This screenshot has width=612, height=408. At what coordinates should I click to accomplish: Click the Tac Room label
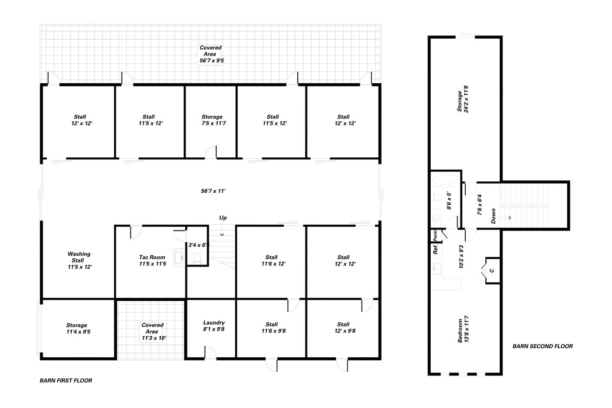(152, 260)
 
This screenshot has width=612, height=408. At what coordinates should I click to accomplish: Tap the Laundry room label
(214, 326)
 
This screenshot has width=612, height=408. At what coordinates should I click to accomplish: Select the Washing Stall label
(79, 260)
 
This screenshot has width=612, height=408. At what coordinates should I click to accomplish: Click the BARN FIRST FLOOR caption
(66, 380)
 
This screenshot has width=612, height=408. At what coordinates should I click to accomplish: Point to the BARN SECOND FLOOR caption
(543, 346)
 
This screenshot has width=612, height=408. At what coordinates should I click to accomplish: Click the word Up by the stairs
(223, 218)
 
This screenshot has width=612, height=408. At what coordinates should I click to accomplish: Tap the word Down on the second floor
(493, 216)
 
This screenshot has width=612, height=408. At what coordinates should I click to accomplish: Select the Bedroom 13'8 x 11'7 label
(463, 329)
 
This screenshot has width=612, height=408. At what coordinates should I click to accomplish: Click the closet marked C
(492, 271)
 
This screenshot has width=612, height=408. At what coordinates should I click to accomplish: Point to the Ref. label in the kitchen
(436, 249)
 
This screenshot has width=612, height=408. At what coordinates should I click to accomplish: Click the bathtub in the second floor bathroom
(445, 179)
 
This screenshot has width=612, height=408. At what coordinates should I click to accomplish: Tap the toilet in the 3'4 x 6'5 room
(197, 258)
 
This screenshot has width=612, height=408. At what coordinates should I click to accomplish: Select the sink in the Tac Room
(179, 257)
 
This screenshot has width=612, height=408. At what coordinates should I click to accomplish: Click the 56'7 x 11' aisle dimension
(213, 191)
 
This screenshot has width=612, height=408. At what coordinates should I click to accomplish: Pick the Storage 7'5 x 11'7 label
(214, 120)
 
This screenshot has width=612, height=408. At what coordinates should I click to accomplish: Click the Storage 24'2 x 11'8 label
(463, 99)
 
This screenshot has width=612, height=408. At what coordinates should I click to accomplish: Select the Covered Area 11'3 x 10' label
(153, 331)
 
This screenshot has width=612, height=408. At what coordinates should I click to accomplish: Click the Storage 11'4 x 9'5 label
(78, 329)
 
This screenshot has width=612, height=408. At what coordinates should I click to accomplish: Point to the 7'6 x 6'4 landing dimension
(480, 205)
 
